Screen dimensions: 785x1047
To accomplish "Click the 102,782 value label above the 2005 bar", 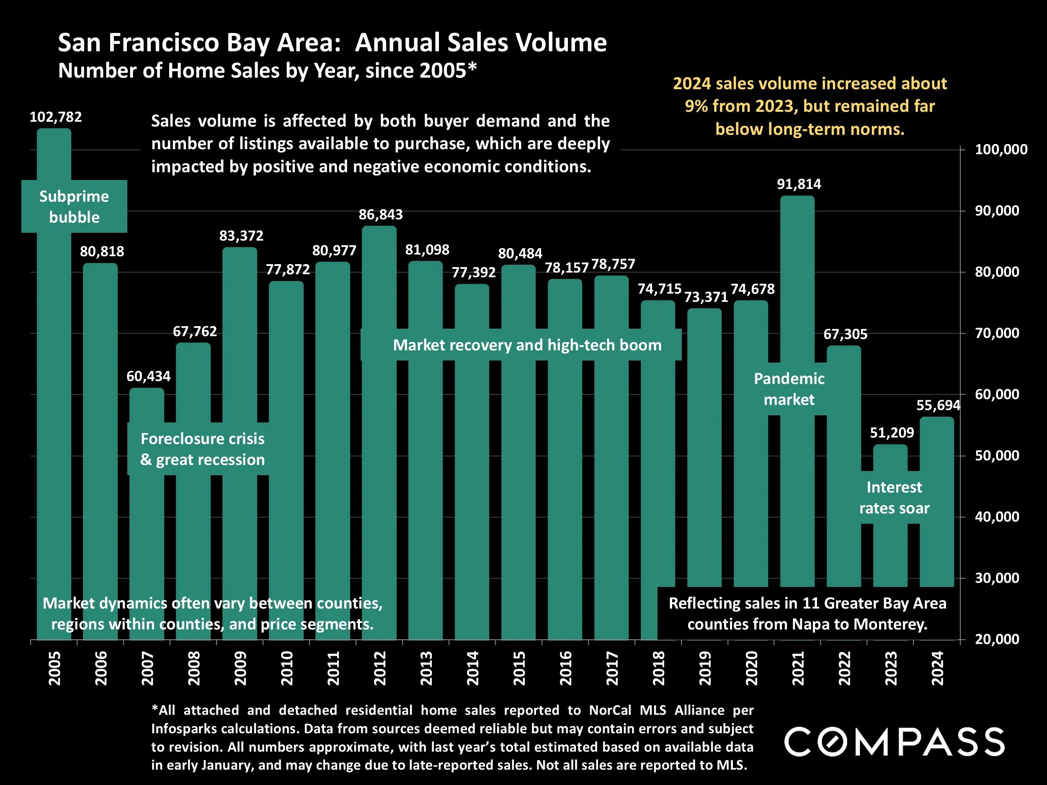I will click(x=56, y=117).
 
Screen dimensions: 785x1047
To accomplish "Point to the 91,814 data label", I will click(x=799, y=184).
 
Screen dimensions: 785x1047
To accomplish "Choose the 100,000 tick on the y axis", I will click(x=1001, y=149).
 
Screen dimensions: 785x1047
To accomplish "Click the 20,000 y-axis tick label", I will click(x=997, y=639).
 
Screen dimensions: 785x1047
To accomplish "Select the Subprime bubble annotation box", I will click(x=74, y=207).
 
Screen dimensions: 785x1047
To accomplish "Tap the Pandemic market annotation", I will click(x=789, y=389).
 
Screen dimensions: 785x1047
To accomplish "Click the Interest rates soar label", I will click(x=894, y=497).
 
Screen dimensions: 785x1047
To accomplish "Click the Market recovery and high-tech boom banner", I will click(x=527, y=345).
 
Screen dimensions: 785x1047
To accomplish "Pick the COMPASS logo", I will click(x=894, y=741).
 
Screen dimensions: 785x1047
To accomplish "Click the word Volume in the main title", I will click(x=561, y=43).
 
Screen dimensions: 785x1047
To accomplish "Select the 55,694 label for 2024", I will click(x=938, y=405).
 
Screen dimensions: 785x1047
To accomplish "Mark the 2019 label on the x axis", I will click(x=705, y=668).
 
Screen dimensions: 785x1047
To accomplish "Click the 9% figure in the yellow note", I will click(x=696, y=106).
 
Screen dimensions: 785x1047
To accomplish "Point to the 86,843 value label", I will click(x=381, y=215).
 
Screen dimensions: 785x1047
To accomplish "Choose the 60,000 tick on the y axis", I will click(x=997, y=394).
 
